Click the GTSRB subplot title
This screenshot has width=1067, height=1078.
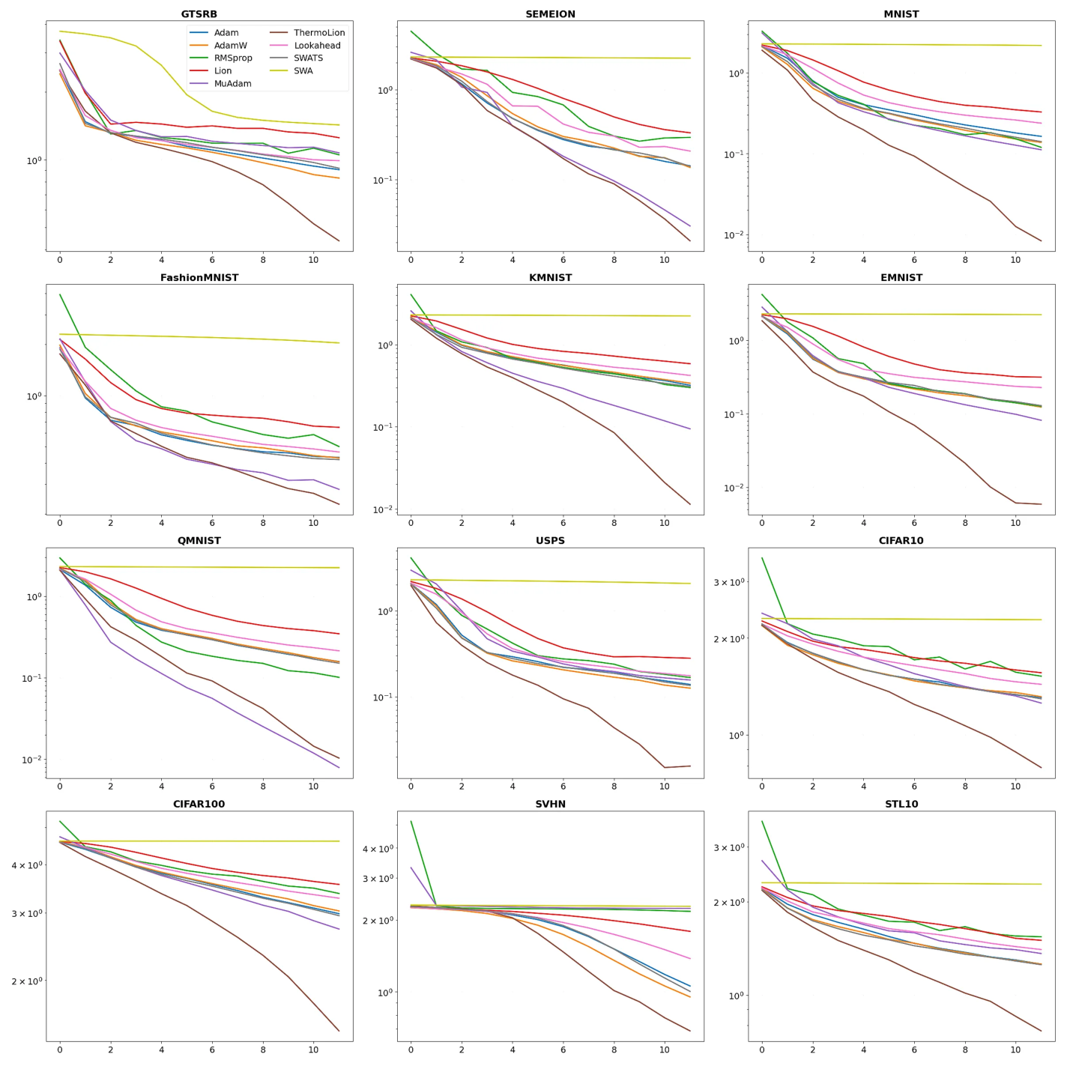(199, 14)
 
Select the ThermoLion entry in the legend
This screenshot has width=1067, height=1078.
(319, 33)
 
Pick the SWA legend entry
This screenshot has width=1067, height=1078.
(303, 71)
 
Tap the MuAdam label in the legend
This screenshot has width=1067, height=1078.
(232, 84)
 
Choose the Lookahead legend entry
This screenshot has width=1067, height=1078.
(317, 46)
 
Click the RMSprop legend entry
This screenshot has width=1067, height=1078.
(233, 58)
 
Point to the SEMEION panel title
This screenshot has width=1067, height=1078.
(550, 14)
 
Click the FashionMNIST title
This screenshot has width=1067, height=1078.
(199, 277)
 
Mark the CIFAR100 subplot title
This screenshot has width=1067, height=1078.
(199, 804)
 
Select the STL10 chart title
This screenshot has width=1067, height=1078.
(901, 804)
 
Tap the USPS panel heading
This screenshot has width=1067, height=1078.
(550, 540)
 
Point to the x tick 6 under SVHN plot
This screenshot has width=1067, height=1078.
(563, 1050)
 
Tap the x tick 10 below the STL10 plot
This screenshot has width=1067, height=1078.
(1015, 1050)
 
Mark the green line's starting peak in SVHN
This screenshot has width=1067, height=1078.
(411, 822)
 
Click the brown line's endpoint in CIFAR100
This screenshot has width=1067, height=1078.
(339, 1031)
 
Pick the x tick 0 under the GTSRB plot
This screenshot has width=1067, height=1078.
(60, 260)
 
